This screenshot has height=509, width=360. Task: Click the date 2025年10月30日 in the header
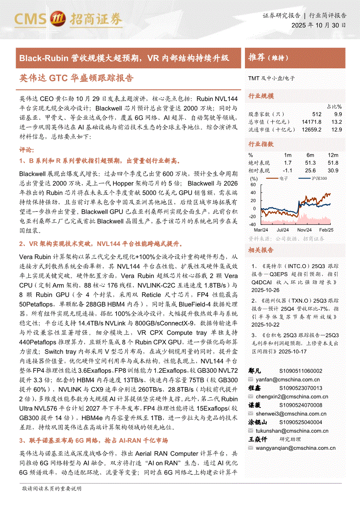point(319,25)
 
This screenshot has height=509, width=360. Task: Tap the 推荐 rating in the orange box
point(256,58)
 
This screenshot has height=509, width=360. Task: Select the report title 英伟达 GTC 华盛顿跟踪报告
point(76,78)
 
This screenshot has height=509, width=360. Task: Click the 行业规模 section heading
point(261,96)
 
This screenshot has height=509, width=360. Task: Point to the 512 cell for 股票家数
point(316,114)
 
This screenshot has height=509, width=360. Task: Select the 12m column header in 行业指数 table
point(333,155)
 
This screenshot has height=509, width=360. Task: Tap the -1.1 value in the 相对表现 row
point(287,170)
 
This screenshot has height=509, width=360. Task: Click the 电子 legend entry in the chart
point(283,178)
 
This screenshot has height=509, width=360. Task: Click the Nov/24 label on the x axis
point(305,229)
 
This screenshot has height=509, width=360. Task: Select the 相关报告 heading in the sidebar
point(261,250)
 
